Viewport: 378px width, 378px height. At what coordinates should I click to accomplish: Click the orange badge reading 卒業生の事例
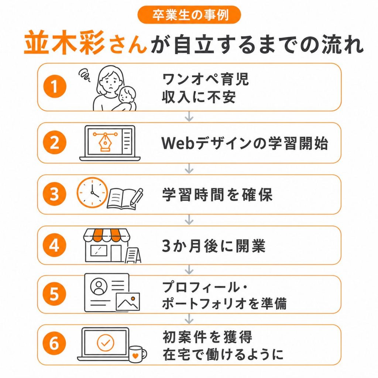coord(189,15)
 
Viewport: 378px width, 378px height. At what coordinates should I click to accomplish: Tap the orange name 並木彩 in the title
coord(65,43)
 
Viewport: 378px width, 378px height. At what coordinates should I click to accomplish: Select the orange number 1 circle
coord(55,86)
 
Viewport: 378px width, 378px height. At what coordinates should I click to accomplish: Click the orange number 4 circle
coord(54,245)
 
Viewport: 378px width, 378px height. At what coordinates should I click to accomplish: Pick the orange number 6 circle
coord(54,343)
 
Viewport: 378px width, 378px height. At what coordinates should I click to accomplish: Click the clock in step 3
coord(92,193)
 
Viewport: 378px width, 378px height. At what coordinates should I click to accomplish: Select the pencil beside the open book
coord(137,197)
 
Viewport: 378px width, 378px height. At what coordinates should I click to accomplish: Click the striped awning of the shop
coord(107,235)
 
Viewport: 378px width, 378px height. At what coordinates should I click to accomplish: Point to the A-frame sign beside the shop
coord(133,255)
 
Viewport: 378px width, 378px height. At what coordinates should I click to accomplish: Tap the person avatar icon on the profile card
coord(99,286)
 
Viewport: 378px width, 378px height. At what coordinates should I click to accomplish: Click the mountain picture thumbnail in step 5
coord(128,302)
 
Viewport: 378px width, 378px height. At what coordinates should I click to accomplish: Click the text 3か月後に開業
coord(214,246)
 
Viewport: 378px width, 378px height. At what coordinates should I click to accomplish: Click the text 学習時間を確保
coord(217,195)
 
